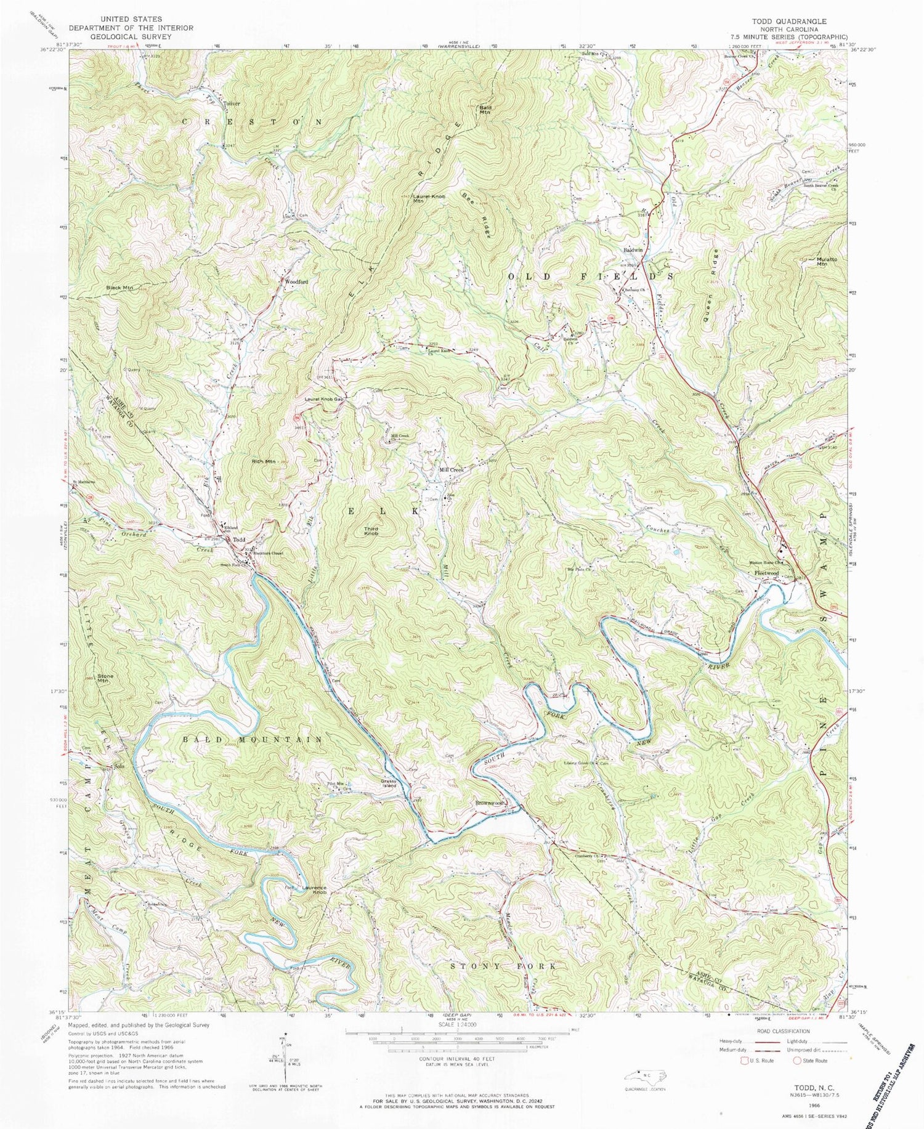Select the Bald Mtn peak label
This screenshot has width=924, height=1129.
485,110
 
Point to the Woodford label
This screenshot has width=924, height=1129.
296,281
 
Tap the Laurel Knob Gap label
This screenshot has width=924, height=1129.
323,399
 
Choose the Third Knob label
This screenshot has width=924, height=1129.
371,530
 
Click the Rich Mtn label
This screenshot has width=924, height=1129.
262,461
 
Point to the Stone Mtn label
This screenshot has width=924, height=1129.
103,678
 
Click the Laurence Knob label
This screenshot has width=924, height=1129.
314,890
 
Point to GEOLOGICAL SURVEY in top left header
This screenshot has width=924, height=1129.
131,36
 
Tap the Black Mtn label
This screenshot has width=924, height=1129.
120,288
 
